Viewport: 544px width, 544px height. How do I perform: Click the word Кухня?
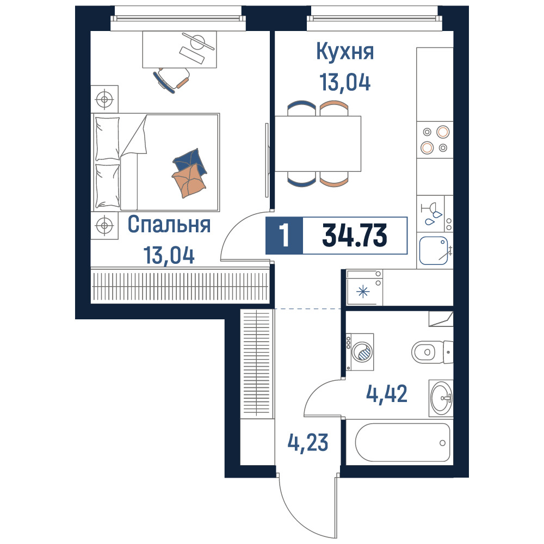pyautogui.click(x=345, y=52)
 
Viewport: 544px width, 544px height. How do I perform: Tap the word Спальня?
pyautogui.click(x=169, y=224)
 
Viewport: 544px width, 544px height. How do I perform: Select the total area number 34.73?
pyautogui.click(x=355, y=236)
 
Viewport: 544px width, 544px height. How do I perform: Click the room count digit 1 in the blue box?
pyautogui.click(x=284, y=236)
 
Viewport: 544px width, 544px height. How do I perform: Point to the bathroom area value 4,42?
pyautogui.click(x=387, y=394)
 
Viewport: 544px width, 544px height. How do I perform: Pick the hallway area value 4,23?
pyautogui.click(x=308, y=442)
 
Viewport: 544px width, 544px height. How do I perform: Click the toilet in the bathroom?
pyautogui.click(x=432, y=352)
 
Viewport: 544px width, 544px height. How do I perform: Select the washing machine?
pyautogui.click(x=360, y=352)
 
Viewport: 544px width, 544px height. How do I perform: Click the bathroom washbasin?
pyautogui.click(x=441, y=398)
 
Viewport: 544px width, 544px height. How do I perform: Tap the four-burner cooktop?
pyautogui.click(x=435, y=140)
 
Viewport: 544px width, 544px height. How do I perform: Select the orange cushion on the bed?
pyautogui.click(x=189, y=181)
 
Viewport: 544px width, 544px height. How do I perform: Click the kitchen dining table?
pyautogui.click(x=318, y=144)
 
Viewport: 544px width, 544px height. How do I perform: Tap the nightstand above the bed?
pyautogui.click(x=104, y=99)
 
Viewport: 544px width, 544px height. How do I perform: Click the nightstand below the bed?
pyautogui.click(x=104, y=226)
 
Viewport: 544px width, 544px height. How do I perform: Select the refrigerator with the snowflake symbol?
pyautogui.click(x=364, y=287)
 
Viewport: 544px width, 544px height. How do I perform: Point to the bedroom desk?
pyautogui.click(x=180, y=50)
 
